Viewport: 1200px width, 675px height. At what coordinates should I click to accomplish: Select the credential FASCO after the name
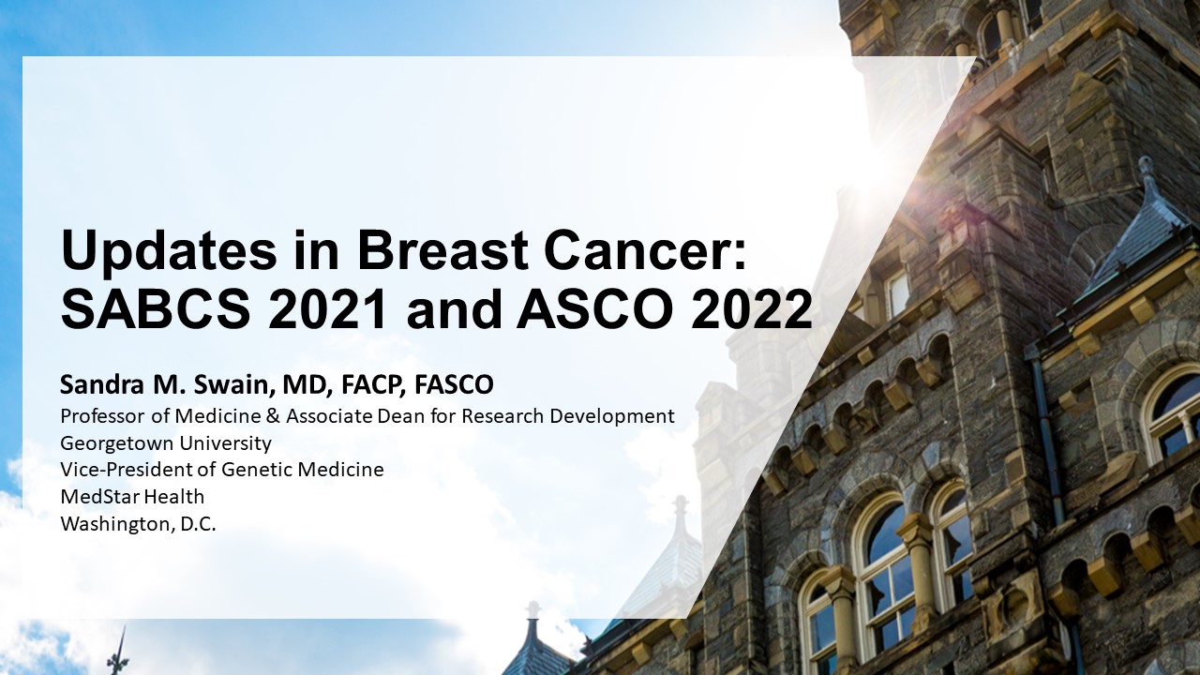coord(454,384)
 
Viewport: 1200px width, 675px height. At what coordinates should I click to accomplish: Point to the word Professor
coord(103,416)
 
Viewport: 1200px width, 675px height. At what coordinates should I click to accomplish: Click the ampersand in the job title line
coord(273,416)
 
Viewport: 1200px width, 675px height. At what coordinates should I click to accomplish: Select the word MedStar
coord(100,497)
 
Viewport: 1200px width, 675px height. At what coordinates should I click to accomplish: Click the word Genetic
coord(258,470)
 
